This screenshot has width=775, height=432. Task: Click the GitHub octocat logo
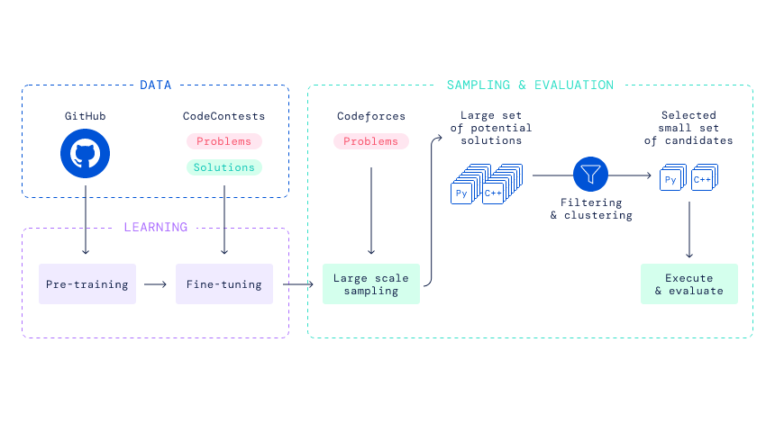click(x=85, y=154)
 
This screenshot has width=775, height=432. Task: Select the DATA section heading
click(x=156, y=85)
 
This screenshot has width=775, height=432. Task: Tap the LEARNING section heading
click(x=156, y=227)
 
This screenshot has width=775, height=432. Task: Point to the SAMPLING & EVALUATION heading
click(x=530, y=85)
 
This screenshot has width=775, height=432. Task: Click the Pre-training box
click(x=87, y=283)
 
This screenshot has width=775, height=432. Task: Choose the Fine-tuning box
click(x=223, y=283)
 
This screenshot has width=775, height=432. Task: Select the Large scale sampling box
click(x=371, y=283)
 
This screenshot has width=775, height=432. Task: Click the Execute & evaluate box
click(x=689, y=283)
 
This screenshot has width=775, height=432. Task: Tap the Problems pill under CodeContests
click(x=223, y=141)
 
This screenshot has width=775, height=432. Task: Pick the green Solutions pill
click(x=223, y=167)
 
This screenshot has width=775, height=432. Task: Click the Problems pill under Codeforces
click(x=370, y=141)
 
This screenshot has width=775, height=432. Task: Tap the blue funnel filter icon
click(x=590, y=175)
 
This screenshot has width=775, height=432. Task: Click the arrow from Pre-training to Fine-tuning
click(x=155, y=284)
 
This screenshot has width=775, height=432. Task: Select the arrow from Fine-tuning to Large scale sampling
click(x=298, y=284)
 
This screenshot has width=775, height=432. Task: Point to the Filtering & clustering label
click(x=591, y=209)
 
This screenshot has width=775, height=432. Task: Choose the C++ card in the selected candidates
click(x=705, y=176)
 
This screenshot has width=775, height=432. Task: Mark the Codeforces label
click(x=370, y=116)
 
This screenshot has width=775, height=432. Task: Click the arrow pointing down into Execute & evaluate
click(x=689, y=229)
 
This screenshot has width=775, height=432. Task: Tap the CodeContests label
click(x=223, y=116)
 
